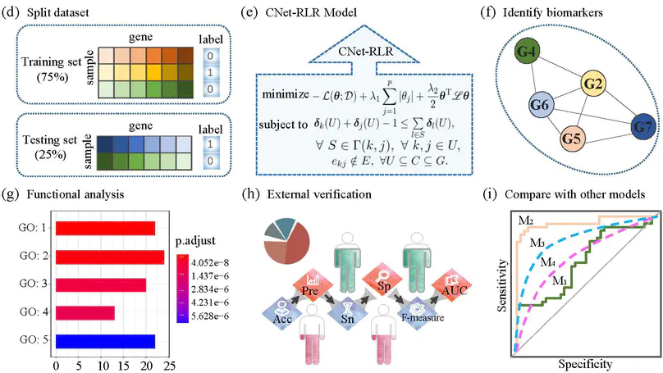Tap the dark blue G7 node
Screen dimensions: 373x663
[642, 128]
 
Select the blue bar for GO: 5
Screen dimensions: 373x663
[105, 340]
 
